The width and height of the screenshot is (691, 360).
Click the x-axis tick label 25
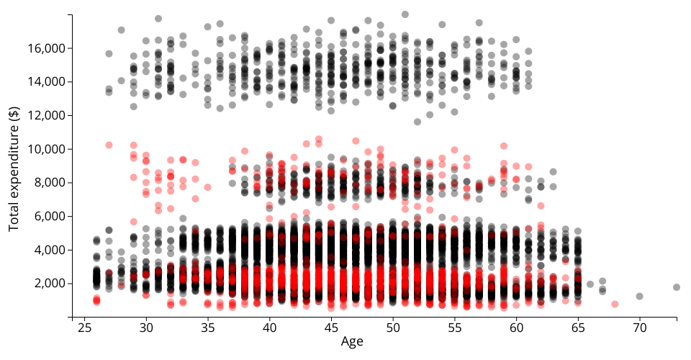click(x=84, y=327)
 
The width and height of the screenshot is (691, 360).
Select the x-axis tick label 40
click(x=269, y=327)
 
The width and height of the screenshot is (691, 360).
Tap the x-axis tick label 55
click(x=454, y=327)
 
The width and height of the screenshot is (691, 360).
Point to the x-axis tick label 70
click(x=639, y=327)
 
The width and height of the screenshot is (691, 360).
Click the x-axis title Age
click(x=352, y=342)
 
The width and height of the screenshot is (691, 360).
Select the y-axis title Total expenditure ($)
click(x=14, y=168)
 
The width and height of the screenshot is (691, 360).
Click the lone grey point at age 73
click(x=677, y=287)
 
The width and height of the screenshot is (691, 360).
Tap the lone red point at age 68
click(x=615, y=305)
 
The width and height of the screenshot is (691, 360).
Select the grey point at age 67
click(x=602, y=282)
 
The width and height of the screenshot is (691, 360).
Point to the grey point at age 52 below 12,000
click(x=417, y=122)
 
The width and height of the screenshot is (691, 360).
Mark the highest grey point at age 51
click(x=405, y=14)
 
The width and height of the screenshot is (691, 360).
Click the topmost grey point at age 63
click(x=553, y=172)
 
